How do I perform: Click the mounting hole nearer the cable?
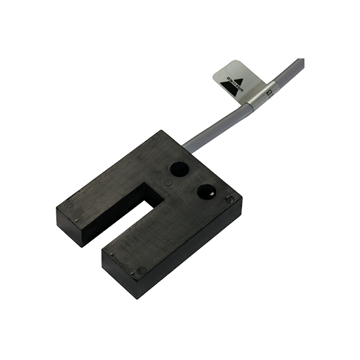pyautogui.click(x=178, y=169)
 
